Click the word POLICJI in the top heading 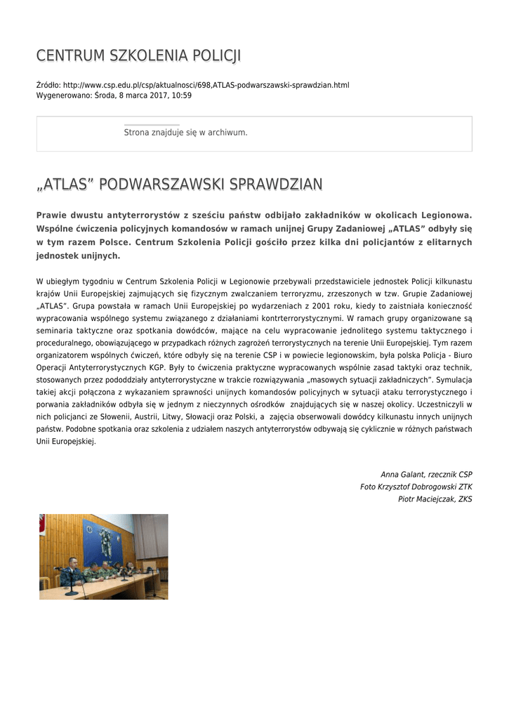[x=213, y=55]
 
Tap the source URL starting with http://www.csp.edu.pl [x=206, y=85]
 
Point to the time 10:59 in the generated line [x=182, y=95]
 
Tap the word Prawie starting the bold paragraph [x=52, y=215]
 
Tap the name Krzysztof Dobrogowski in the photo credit [x=418, y=487]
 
